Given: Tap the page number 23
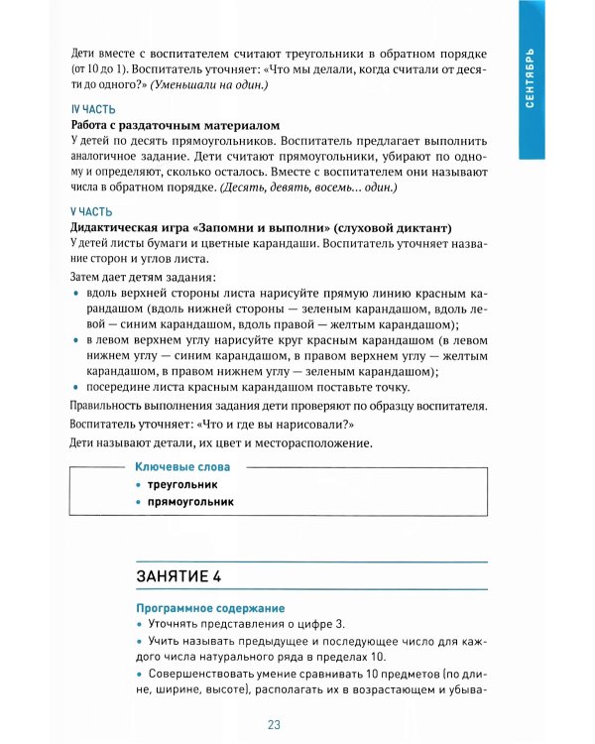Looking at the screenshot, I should coord(275,724).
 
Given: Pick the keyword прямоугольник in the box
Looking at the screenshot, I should coord(190,502).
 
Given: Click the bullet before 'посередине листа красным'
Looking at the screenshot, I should coord(77,388).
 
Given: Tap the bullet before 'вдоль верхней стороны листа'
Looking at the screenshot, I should coord(77,296).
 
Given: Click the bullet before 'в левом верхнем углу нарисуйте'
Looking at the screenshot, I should coord(77,341).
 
